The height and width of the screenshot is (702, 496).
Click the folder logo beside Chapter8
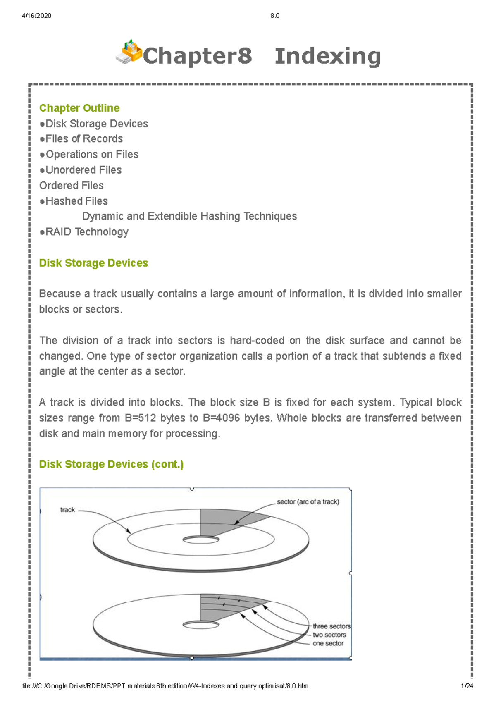(x=129, y=53)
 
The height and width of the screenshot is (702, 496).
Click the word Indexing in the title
(x=327, y=56)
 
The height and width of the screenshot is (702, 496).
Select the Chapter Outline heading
(x=79, y=108)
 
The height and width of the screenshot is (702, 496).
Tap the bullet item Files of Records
(x=84, y=139)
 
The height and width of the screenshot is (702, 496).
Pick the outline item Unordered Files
(x=83, y=170)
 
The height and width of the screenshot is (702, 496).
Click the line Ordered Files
(x=71, y=186)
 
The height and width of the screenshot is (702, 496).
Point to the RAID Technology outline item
(x=87, y=232)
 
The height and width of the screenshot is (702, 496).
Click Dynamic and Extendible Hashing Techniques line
(x=189, y=216)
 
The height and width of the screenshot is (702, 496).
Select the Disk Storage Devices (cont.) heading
(x=111, y=464)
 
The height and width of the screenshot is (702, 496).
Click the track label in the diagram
(x=67, y=510)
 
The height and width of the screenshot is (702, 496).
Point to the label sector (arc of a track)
(x=308, y=502)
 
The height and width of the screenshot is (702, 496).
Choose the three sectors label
(x=331, y=626)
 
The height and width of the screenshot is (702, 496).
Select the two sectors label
(x=329, y=635)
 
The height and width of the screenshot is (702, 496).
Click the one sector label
(x=328, y=644)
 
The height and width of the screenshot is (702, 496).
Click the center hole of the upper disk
(x=201, y=540)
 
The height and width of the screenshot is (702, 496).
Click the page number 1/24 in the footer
(x=467, y=686)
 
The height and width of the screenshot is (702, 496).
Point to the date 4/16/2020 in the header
(x=36, y=16)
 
